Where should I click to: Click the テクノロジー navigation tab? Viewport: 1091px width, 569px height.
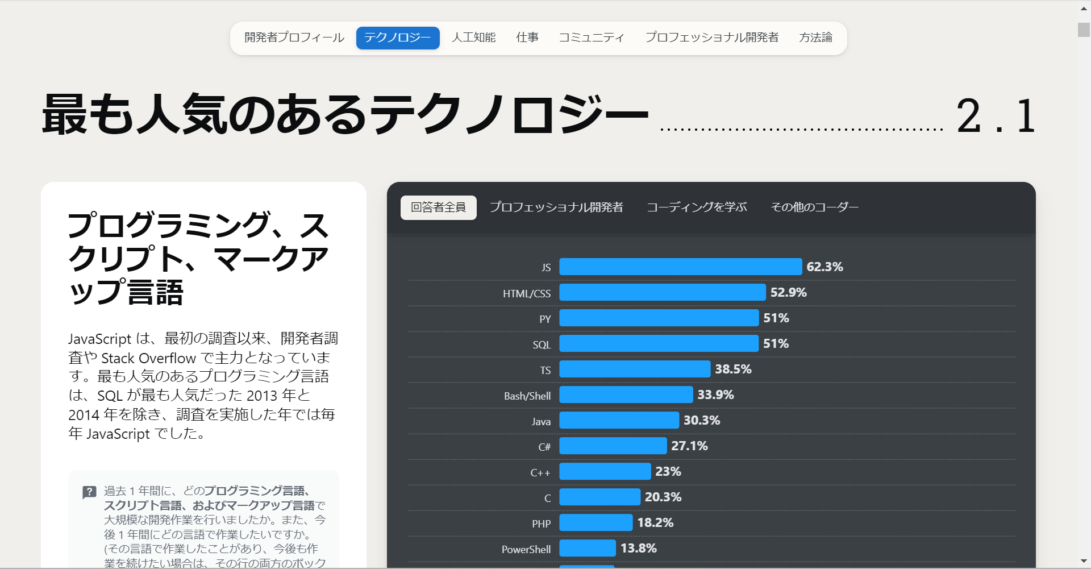coord(397,38)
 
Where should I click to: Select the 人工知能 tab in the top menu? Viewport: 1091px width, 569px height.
coord(473,38)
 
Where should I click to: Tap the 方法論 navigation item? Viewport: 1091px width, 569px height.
coord(815,38)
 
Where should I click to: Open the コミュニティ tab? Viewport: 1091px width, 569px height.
coord(592,38)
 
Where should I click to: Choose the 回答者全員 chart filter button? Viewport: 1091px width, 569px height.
coord(438,207)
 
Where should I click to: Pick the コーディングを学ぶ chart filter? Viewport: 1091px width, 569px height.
coord(697,207)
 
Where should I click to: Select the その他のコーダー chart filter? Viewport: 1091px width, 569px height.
coord(814,207)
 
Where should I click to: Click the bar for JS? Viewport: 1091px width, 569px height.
coord(680,267)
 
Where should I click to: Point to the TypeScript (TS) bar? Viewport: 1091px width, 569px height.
coord(635,369)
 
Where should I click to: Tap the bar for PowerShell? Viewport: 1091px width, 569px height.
coord(588,548)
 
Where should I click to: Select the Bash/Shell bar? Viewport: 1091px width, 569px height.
coord(626,394)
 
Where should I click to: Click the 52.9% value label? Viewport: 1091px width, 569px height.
coord(788,292)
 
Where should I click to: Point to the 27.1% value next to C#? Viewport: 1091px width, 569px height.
coord(689,446)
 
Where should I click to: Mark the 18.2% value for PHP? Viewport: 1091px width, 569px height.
coord(655,522)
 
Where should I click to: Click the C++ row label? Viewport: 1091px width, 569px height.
coord(540,473)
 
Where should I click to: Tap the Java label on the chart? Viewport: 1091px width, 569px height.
coord(541,422)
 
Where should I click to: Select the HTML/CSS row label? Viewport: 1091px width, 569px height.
coord(526,294)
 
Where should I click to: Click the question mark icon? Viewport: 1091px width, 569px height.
coord(89,492)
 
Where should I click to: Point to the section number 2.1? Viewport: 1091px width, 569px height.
coord(996,117)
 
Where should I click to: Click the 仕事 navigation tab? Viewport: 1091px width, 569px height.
coord(527,38)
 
